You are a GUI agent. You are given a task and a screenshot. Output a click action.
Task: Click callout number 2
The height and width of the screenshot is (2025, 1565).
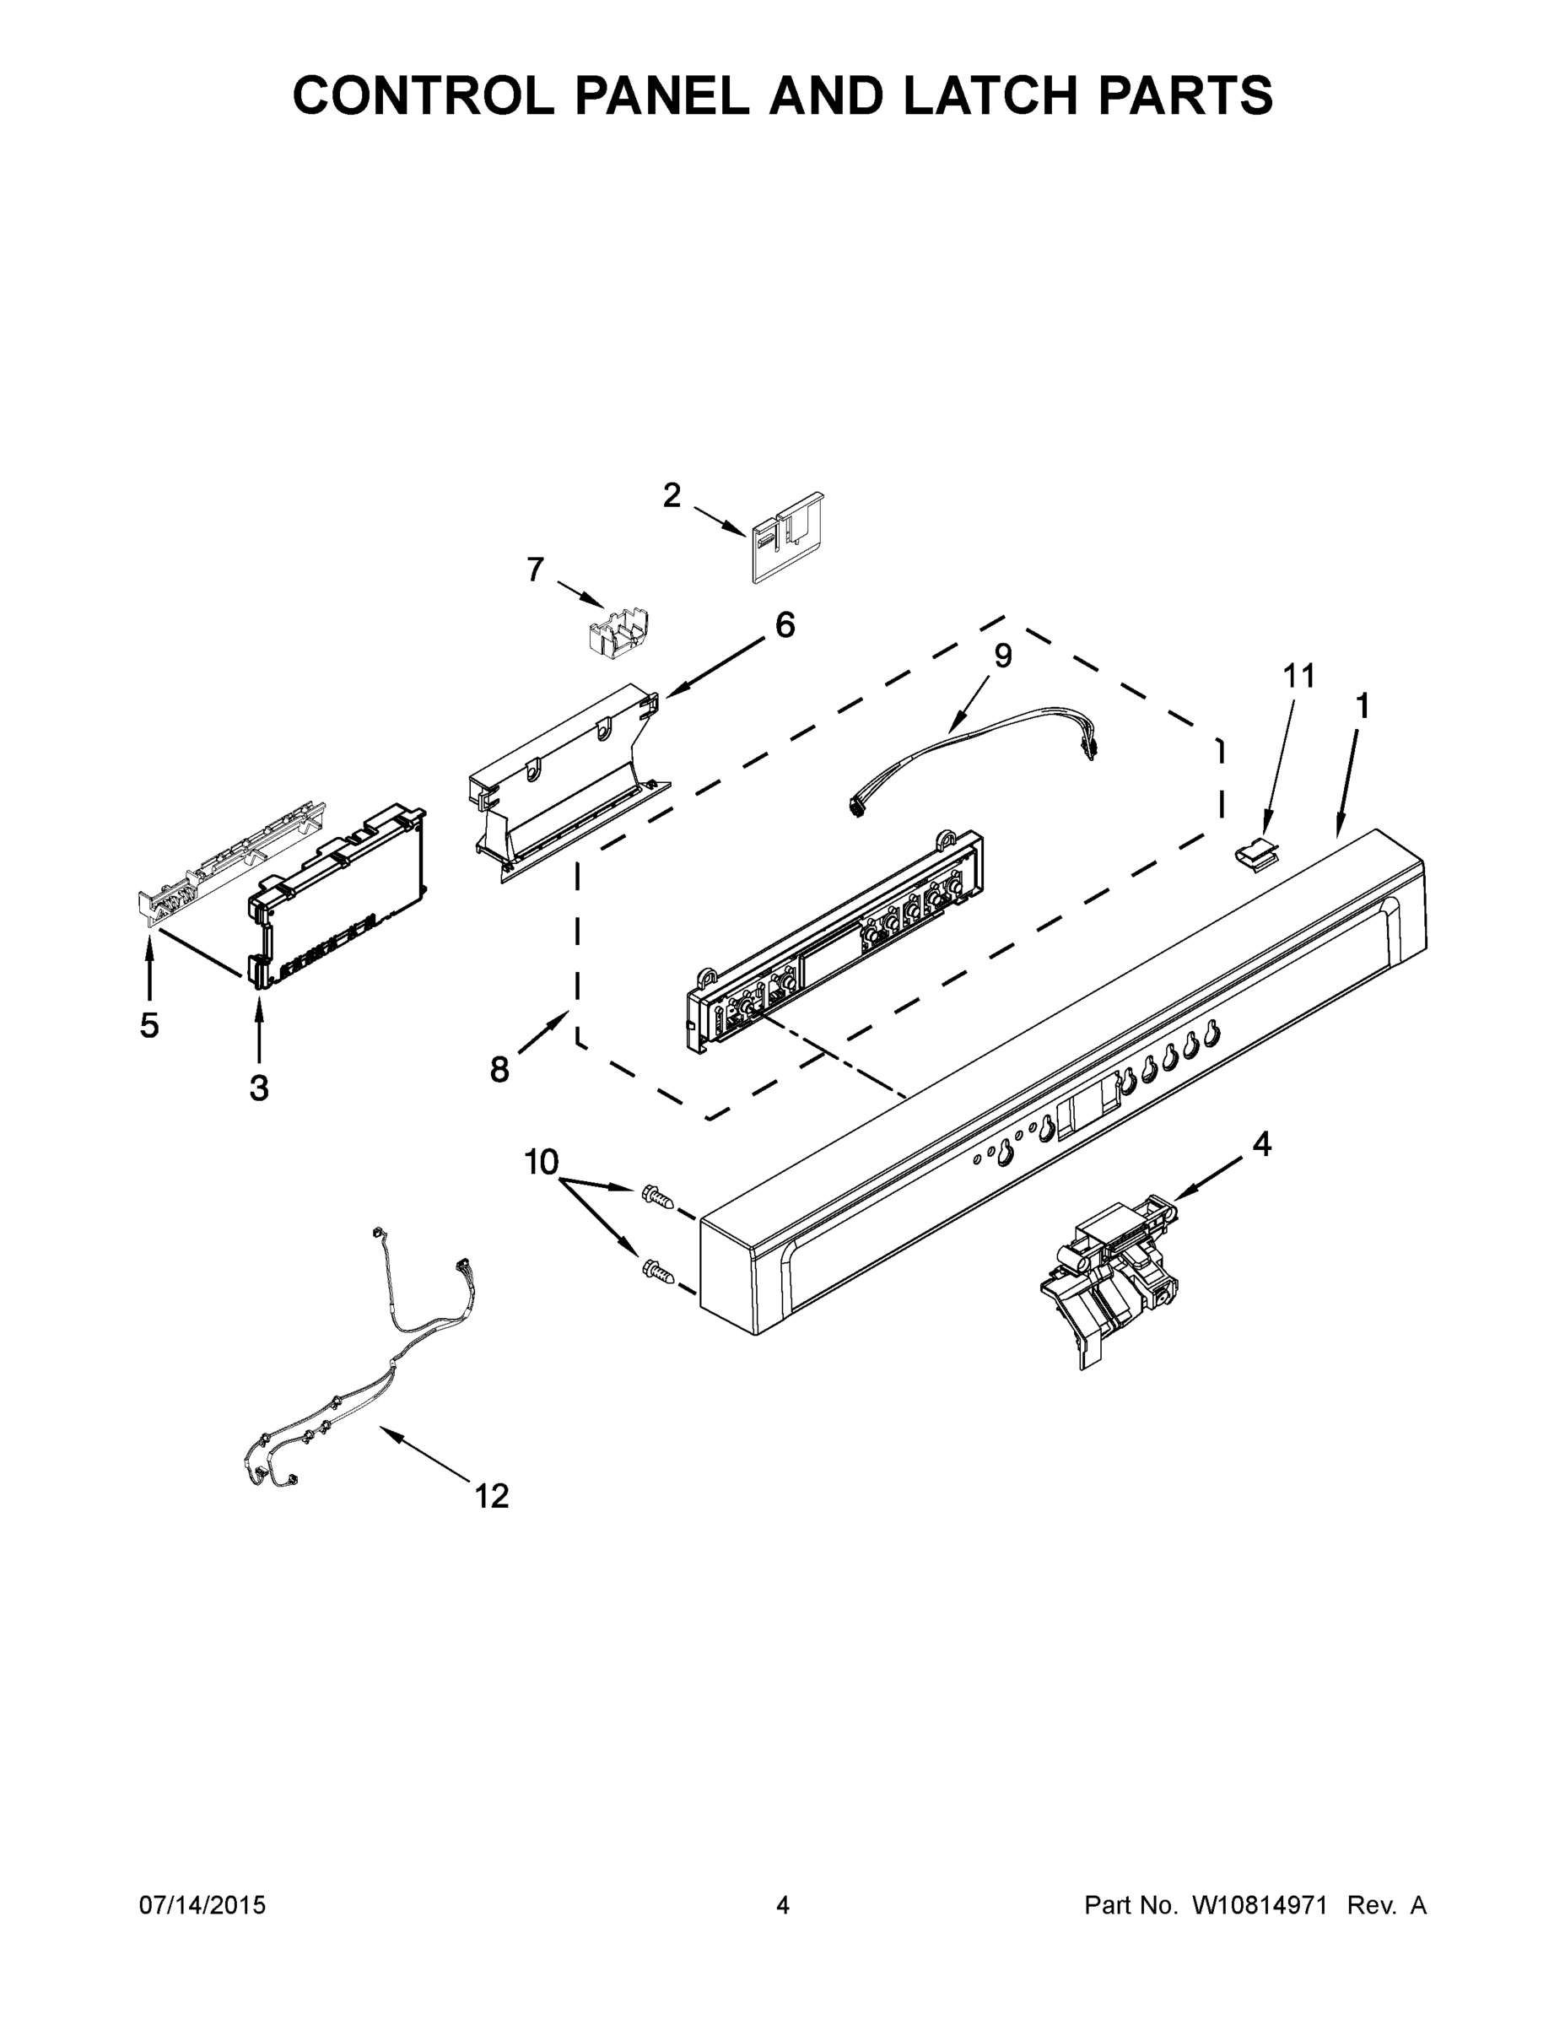(x=672, y=496)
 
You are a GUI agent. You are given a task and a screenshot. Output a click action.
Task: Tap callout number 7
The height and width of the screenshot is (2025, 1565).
(x=535, y=570)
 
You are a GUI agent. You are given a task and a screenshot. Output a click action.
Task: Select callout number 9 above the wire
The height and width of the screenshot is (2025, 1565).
(x=1002, y=656)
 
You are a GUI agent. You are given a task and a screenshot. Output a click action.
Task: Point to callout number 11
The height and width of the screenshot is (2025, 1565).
(x=1299, y=677)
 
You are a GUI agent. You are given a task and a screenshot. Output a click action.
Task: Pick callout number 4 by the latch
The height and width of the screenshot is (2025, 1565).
(x=1262, y=1145)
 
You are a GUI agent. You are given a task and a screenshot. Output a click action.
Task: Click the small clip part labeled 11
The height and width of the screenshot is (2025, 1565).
(x=1254, y=851)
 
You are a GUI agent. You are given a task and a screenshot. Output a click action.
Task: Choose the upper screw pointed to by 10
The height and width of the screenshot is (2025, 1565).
(x=656, y=1197)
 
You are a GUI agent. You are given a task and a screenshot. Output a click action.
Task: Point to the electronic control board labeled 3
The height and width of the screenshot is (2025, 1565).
(x=339, y=894)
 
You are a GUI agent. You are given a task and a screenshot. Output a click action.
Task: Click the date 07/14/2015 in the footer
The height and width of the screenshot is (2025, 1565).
(x=202, y=1904)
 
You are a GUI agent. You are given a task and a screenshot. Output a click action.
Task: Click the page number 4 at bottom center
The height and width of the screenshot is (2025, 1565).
(x=783, y=1904)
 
